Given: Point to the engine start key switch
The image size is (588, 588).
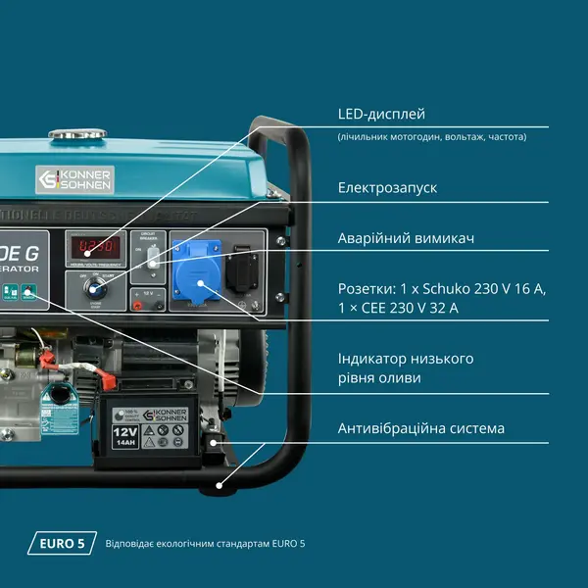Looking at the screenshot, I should (x=96, y=285).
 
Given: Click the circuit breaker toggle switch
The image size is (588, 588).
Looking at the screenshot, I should (x=152, y=259).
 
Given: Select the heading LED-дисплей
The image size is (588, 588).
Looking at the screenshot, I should (x=381, y=115).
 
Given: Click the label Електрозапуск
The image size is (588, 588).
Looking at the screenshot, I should (x=387, y=186).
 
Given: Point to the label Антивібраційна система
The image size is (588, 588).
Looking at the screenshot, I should (x=420, y=428).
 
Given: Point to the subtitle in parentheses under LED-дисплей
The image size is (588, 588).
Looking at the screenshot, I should (x=431, y=136).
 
